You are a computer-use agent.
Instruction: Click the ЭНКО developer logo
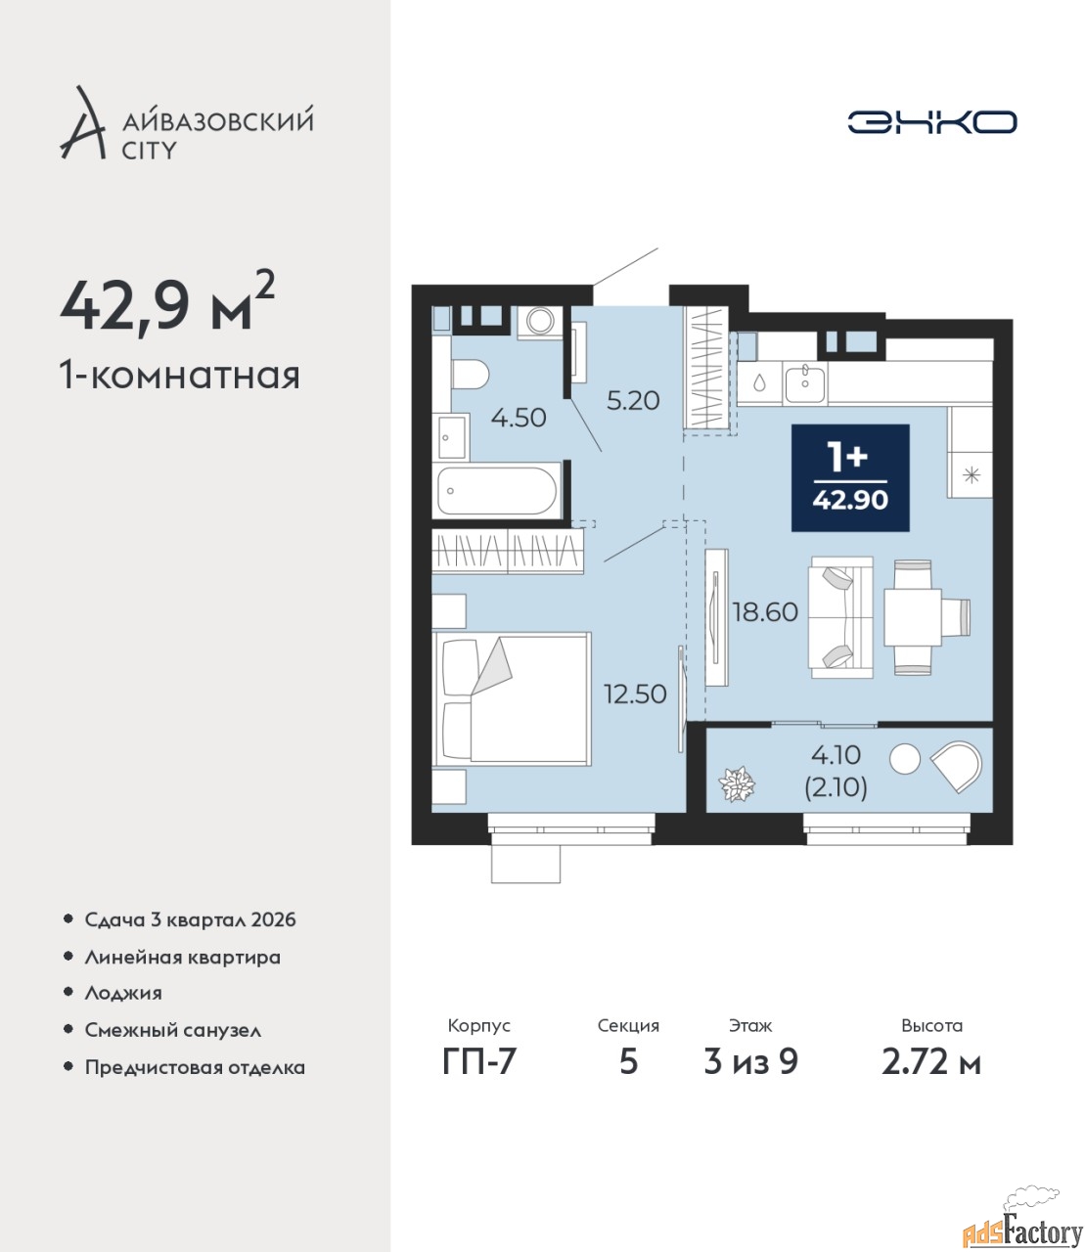tap(931, 121)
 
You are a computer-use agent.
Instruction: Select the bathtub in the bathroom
tap(497, 491)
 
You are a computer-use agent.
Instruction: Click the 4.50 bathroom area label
tap(519, 418)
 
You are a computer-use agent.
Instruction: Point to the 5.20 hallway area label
tap(633, 400)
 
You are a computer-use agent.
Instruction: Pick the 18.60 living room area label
tap(766, 611)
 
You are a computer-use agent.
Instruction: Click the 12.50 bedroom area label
tap(635, 694)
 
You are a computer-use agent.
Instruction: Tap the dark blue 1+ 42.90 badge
tap(850, 477)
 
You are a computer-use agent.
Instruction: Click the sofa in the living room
tap(840, 618)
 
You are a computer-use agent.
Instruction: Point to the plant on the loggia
tap(737, 784)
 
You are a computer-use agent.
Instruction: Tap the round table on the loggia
tap(904, 758)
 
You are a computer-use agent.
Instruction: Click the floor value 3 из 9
tap(750, 1061)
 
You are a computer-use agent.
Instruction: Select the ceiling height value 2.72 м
tap(931, 1062)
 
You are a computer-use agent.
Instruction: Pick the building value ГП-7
tap(479, 1061)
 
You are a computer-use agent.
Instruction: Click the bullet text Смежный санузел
tap(173, 1030)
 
